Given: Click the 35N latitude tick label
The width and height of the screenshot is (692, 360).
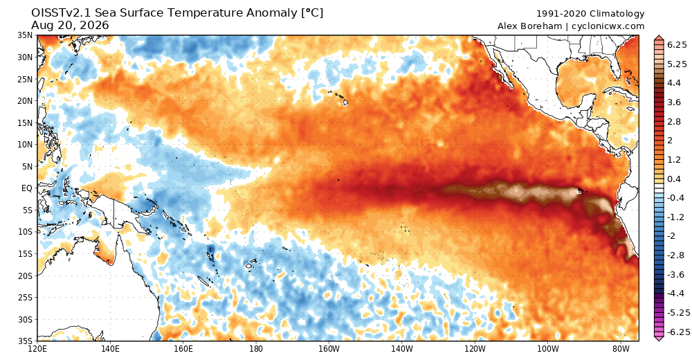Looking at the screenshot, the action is [x=25, y=35].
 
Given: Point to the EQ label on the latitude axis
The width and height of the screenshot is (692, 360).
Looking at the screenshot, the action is [x=27, y=188].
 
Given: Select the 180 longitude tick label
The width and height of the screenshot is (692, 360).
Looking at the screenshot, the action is [x=255, y=349].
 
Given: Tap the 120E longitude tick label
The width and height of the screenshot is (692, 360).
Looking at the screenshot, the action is [x=37, y=349].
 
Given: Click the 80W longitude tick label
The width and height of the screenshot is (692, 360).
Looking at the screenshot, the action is [x=621, y=349].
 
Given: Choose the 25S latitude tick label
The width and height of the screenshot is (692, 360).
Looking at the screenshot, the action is [x=25, y=297].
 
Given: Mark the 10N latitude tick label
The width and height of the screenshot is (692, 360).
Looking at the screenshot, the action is [x=25, y=145].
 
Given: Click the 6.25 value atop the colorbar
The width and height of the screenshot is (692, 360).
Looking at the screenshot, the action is [x=677, y=44].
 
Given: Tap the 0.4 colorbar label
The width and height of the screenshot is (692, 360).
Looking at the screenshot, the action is [x=674, y=179].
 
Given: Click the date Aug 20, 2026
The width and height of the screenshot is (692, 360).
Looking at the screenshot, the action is [x=70, y=26].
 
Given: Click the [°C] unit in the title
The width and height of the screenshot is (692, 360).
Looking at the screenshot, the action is [x=312, y=13].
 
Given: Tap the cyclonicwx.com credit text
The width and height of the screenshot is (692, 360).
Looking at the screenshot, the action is [x=608, y=26].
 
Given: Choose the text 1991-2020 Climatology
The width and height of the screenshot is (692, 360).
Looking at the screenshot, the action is [x=590, y=14].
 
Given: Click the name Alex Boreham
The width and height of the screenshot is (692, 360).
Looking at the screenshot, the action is [x=529, y=26].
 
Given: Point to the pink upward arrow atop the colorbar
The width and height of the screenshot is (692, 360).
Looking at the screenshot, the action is [x=659, y=38].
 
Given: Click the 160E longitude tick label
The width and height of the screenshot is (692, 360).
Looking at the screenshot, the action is [x=183, y=349].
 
